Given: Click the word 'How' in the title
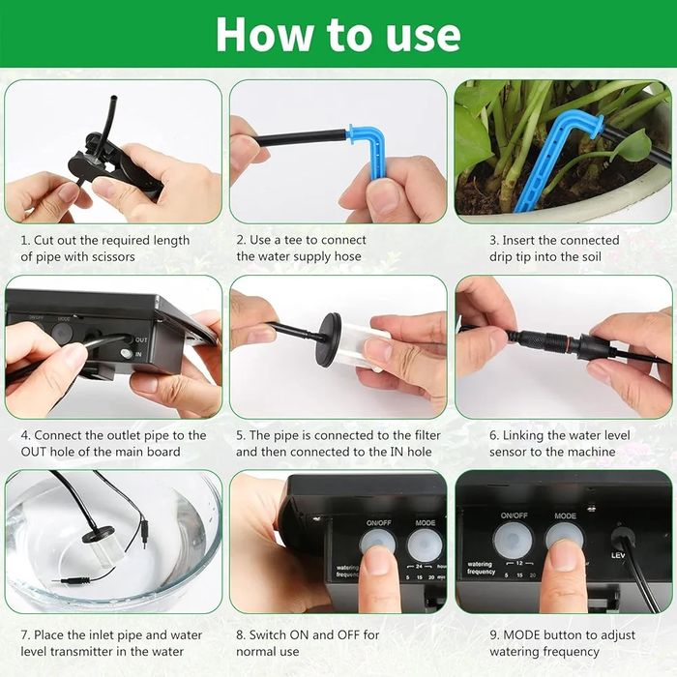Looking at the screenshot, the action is coord(264,35).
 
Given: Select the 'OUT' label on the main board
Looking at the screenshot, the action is coord(141,340).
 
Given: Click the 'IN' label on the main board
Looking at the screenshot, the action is coord(138,355).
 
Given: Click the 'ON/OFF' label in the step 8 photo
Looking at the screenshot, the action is coord(379,523).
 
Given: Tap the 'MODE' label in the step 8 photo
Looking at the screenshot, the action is coord(426,523).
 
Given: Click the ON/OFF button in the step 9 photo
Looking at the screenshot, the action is coord(513,541).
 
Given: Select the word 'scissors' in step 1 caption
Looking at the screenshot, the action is coord(115,257).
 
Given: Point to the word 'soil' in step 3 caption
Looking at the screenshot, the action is coord(590,257).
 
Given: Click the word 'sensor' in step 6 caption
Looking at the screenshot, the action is coord(508,452).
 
